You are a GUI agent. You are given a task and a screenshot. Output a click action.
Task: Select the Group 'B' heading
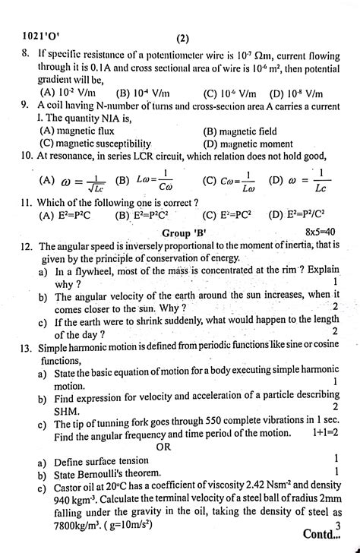click(x=183, y=231)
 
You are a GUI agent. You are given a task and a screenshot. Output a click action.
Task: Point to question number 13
click(x=27, y=346)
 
